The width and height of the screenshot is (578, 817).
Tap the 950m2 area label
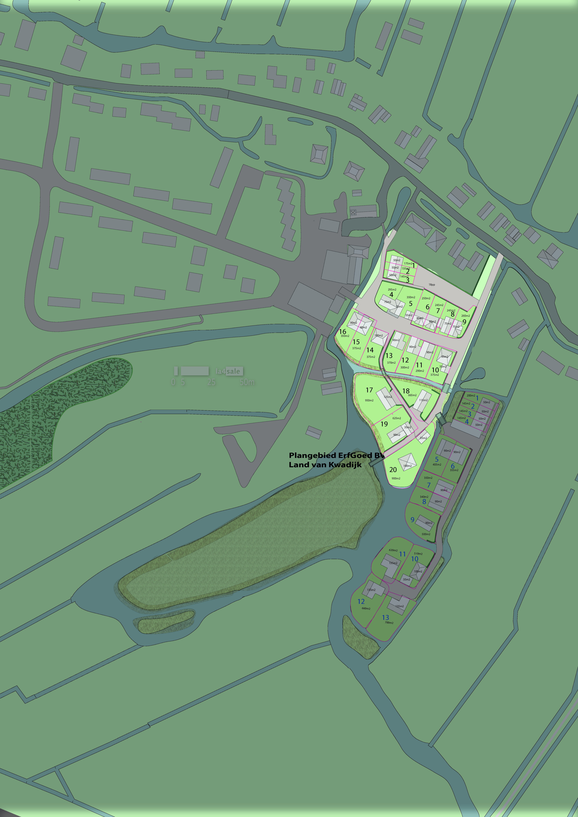coord(369,400)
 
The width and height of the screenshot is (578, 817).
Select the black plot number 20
coord(393,470)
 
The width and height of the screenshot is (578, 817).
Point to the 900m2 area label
coord(396,478)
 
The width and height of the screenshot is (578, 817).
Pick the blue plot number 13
coord(385,617)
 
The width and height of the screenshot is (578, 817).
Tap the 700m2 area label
coord(389,623)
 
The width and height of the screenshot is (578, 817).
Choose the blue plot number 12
coord(361,601)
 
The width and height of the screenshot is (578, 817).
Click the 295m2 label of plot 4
coord(392,290)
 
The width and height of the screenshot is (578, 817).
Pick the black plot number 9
coord(464,322)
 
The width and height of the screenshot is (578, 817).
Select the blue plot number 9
coord(413,520)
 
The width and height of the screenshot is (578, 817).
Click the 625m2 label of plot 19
coord(396,418)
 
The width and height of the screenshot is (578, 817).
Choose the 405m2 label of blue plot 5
coord(437,464)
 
